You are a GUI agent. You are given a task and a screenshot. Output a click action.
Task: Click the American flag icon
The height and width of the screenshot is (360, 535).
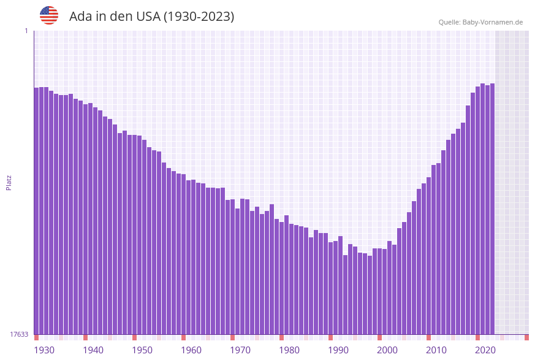click(49, 15)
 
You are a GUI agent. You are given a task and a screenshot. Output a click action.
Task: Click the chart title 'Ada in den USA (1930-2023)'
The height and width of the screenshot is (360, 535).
click(151, 17)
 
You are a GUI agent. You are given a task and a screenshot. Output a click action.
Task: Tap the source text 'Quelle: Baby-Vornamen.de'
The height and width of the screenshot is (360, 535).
click(480, 22)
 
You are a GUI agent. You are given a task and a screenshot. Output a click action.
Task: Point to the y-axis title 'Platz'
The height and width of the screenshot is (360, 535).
click(9, 182)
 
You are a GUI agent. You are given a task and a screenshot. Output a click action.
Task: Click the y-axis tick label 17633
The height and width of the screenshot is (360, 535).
click(19, 334)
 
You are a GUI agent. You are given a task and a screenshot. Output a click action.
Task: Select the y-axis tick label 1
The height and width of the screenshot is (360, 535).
click(26, 31)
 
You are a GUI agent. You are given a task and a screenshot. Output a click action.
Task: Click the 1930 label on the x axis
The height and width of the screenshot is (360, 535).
click(44, 350)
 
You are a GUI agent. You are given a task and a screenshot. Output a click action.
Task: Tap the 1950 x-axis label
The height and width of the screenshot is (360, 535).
click(142, 350)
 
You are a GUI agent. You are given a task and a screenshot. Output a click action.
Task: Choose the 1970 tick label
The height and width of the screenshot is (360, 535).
click(240, 350)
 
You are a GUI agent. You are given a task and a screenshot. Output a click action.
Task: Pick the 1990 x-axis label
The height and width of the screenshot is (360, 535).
click(338, 350)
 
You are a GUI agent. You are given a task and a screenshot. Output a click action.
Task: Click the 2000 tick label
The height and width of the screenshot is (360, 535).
click(387, 350)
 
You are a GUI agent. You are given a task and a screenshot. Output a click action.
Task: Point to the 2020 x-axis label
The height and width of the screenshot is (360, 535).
click(485, 350)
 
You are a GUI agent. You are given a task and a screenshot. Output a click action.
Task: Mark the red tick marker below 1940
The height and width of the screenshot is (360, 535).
click(85, 337)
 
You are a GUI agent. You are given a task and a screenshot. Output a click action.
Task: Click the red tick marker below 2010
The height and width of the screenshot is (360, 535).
click(428, 337)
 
